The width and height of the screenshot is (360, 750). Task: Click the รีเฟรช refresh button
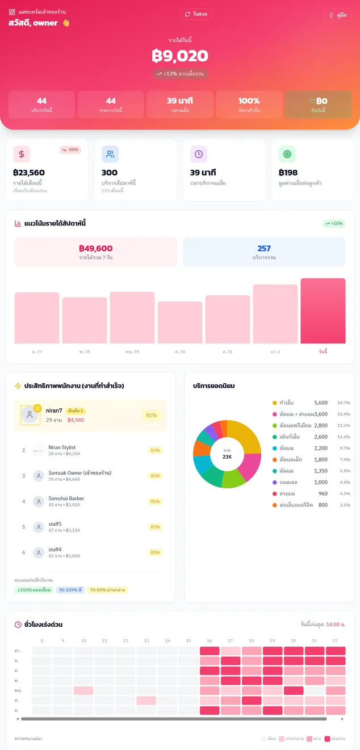pyautogui.click(x=196, y=14)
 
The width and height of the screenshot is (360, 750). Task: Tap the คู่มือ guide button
pyautogui.click(x=337, y=15)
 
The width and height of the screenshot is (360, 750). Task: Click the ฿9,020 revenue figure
pyautogui.click(x=180, y=56)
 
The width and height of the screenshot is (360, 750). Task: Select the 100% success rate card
pyautogui.click(x=249, y=104)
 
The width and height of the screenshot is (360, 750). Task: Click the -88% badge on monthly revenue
pyautogui.click(x=70, y=150)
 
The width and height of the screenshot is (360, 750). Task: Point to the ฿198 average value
pyautogui.click(x=288, y=173)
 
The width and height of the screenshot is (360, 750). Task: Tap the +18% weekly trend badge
pyautogui.click(x=334, y=224)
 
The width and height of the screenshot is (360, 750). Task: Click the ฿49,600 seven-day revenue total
pyautogui.click(x=95, y=248)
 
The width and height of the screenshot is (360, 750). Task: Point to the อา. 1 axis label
pyautogui.click(x=275, y=352)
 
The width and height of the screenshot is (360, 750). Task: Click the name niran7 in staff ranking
pyautogui.click(x=54, y=410)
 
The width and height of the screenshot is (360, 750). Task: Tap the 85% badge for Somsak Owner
pyautogui.click(x=155, y=476)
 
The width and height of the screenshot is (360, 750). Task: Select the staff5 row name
pyautogui.click(x=55, y=524)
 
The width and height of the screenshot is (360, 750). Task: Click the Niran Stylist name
pyautogui.click(x=62, y=447)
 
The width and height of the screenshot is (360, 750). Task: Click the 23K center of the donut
pyautogui.click(x=227, y=454)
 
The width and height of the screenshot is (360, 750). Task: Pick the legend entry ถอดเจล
pyautogui.click(x=288, y=482)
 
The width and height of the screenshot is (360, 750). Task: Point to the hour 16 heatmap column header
pyautogui.click(x=210, y=641)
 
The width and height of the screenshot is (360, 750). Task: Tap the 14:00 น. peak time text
pyautogui.click(x=336, y=625)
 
